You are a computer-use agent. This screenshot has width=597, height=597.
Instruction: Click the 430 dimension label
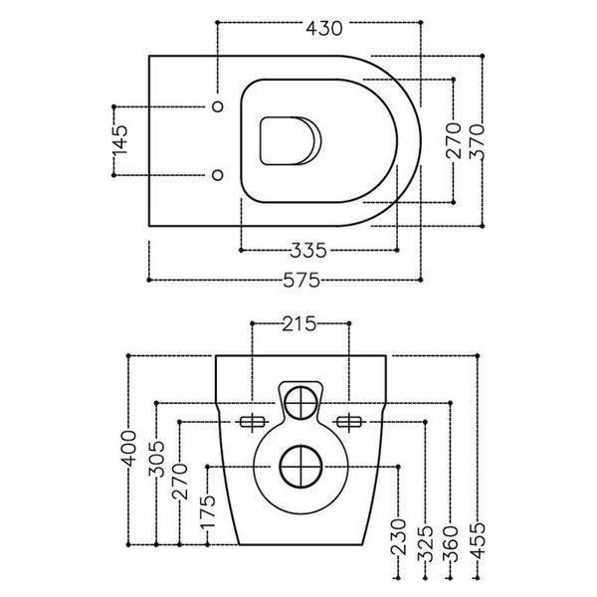click(x=324, y=28)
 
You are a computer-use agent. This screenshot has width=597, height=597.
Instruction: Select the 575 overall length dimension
click(x=301, y=281)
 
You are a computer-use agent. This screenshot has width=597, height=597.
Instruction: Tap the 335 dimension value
click(x=308, y=251)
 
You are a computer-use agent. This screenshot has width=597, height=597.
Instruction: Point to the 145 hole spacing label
click(x=120, y=140)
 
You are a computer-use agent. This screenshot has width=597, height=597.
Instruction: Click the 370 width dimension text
click(x=477, y=141)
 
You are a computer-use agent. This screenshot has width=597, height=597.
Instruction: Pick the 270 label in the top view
click(x=454, y=141)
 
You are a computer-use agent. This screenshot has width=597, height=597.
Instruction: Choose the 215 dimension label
click(x=299, y=324)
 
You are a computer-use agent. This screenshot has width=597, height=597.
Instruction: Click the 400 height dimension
click(x=128, y=448)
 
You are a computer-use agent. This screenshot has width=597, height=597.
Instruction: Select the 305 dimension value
click(x=156, y=459)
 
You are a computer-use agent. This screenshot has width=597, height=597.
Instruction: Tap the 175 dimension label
click(x=208, y=511)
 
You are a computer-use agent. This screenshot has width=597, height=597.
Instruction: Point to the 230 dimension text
click(x=398, y=537)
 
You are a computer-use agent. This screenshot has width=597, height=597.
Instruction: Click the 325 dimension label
click(x=425, y=543)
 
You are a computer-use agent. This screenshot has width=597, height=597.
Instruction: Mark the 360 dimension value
click(x=451, y=543)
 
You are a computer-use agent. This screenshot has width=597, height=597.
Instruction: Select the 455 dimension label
click(x=478, y=540)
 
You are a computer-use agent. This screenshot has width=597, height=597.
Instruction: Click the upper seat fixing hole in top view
click(x=217, y=106)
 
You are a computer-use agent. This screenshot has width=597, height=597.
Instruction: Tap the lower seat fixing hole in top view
click(x=217, y=175)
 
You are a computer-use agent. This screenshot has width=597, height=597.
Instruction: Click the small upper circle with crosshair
click(x=300, y=403)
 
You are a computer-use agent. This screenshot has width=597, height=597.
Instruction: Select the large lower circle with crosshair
click(x=300, y=467)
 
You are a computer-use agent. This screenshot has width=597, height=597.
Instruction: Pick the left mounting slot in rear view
click(x=252, y=422)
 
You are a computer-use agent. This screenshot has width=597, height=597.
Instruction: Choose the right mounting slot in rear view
click(x=349, y=422)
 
